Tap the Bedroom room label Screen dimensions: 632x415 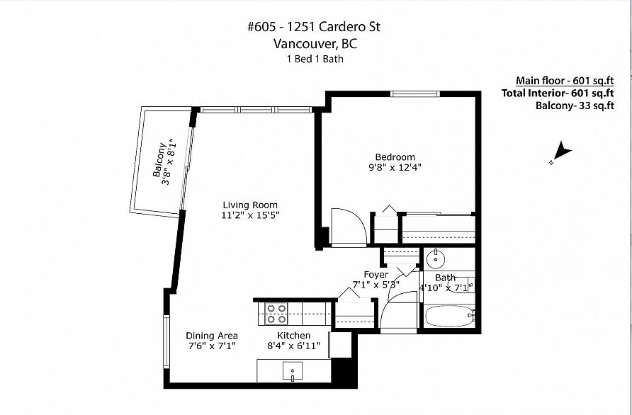pyautogui.click(x=395, y=157)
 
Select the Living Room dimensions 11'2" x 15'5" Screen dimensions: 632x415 pyautogui.click(x=250, y=215)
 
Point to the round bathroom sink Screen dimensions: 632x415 pyautogui.click(x=435, y=259)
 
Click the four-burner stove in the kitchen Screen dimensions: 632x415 pyautogui.click(x=276, y=314)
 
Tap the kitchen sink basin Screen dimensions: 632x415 pyautogui.click(x=293, y=371)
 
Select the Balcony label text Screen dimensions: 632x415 pyautogui.click(x=159, y=160)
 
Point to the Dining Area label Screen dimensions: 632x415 pyautogui.click(x=212, y=336)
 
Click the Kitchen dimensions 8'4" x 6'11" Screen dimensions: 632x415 pyautogui.click(x=293, y=346)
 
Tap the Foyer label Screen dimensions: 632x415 pyautogui.click(x=376, y=275)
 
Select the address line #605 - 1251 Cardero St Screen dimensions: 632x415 pyautogui.click(x=314, y=27)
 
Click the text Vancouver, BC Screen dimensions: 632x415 pyautogui.click(x=315, y=43)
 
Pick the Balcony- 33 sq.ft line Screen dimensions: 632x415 pyautogui.click(x=575, y=106)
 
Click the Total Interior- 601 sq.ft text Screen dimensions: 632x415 pyautogui.click(x=558, y=93)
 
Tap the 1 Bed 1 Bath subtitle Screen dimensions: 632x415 pyautogui.click(x=315, y=59)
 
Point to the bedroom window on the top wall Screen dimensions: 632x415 pyautogui.click(x=415, y=94)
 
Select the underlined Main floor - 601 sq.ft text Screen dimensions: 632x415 pyautogui.click(x=565, y=81)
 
